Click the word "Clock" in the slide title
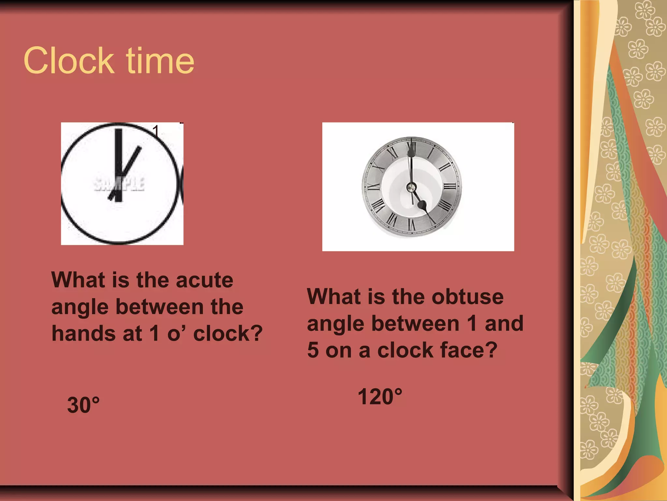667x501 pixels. pyautogui.click(x=69, y=61)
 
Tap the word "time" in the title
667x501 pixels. pyautogui.click(x=160, y=61)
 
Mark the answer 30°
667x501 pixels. pyautogui.click(x=83, y=405)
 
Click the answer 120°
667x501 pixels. pyautogui.click(x=380, y=397)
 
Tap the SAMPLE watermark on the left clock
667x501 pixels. pyautogui.click(x=119, y=184)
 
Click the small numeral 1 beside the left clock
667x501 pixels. pyautogui.click(x=156, y=131)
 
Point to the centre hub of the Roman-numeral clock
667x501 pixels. pyautogui.click(x=411, y=187)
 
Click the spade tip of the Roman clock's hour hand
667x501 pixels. pyautogui.click(x=422, y=205)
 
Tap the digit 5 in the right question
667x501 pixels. pyautogui.click(x=313, y=350)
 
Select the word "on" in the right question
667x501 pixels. pyautogui.click(x=338, y=350)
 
